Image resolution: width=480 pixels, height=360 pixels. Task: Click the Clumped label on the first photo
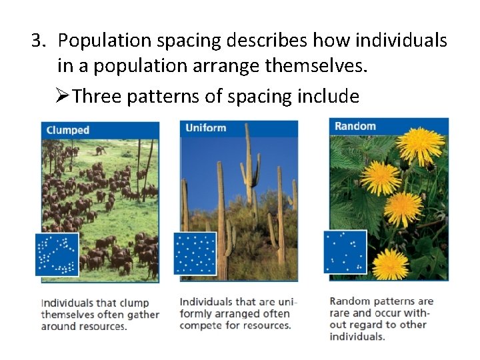[x=67, y=130]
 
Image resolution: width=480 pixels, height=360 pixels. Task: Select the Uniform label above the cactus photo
[x=205, y=127]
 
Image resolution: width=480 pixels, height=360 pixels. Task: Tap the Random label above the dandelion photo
[x=355, y=126]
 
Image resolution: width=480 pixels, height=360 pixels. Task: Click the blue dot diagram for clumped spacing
[x=57, y=254]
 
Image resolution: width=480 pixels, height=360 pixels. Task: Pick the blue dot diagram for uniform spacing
[x=195, y=253]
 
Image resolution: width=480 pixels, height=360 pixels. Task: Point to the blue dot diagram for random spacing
[x=345, y=252]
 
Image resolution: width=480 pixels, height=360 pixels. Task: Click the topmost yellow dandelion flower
[x=421, y=145]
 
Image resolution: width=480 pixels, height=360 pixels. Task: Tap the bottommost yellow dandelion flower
[x=390, y=265]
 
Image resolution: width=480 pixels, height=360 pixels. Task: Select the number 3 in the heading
[x=36, y=41]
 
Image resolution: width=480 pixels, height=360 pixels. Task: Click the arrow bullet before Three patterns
[x=64, y=97]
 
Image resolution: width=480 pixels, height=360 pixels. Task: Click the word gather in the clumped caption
[x=143, y=315]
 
